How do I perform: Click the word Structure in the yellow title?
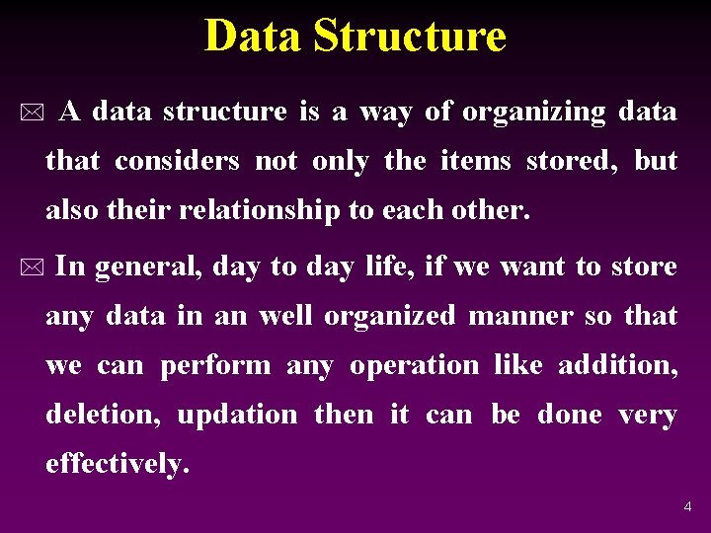409,37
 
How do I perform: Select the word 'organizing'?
534,113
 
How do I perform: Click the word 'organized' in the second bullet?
391,317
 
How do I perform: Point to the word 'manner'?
520,317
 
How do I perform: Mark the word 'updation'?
237,416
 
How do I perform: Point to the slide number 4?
687,507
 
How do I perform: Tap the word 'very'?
648,416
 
